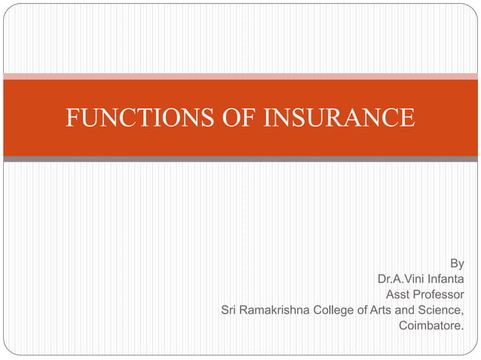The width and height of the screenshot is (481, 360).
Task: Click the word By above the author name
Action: coord(457,264)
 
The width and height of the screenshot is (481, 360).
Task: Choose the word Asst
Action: coord(397,294)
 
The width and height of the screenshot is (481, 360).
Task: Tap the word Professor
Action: coord(438,294)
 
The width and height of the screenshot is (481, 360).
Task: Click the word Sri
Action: coord(229,310)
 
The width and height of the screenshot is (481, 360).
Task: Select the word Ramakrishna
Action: coord(277,310)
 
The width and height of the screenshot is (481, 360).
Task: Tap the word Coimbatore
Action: coord(431,325)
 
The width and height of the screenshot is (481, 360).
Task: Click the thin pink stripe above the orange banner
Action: coord(240,76)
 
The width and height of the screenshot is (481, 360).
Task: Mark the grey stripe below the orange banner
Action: coord(240,159)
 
